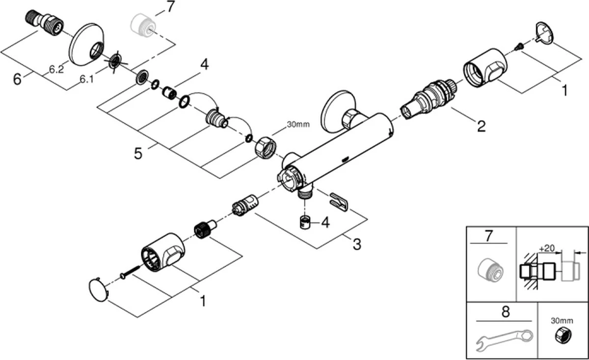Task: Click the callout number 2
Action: (x=481, y=126)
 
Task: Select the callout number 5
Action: (x=138, y=154)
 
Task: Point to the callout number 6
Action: (x=17, y=79)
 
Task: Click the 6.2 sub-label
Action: (x=56, y=69)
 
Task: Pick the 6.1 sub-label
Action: (x=87, y=79)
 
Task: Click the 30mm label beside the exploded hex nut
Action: (x=298, y=125)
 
